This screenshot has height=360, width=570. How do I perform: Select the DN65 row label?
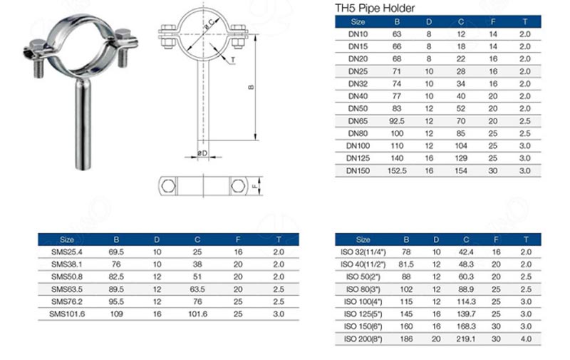[357, 121]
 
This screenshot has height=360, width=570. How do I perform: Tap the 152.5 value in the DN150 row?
[396, 171]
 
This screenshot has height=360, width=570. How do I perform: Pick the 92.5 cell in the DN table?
[396, 121]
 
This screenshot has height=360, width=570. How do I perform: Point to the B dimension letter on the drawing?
[250, 88]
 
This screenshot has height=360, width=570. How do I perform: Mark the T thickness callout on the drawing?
[232, 60]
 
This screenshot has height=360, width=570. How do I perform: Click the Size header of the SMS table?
[68, 240]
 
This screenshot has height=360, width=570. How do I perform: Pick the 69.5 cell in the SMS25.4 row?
[116, 252]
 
